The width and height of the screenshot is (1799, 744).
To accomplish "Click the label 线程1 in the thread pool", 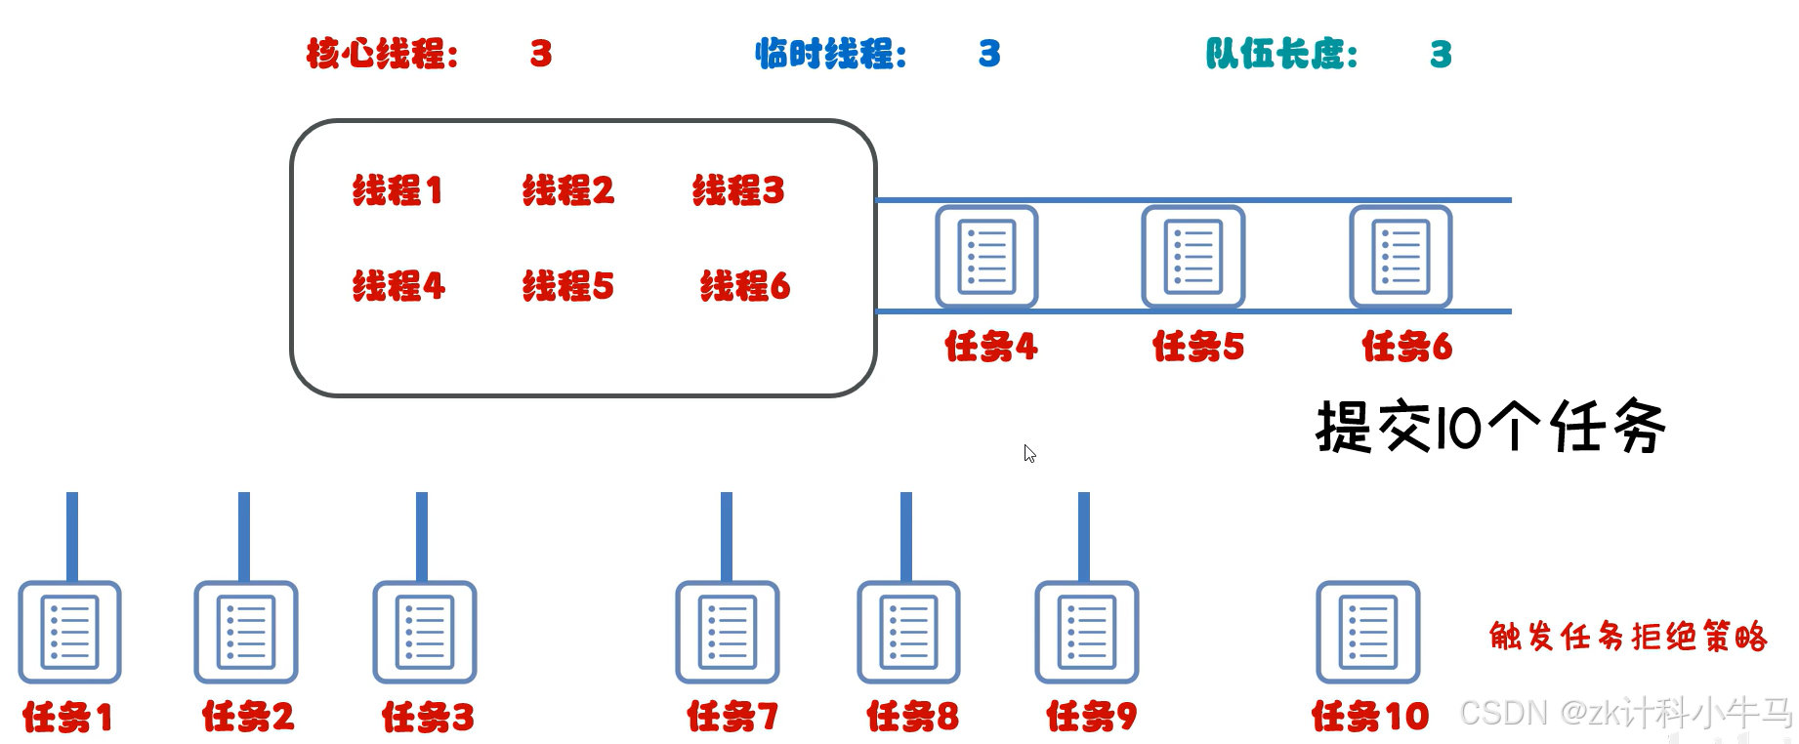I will pos(397,190).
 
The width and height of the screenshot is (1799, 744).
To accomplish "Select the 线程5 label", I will pos(567,286).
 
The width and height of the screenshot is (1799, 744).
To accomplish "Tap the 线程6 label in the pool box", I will pos(744,286).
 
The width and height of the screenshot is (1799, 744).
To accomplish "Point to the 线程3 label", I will pos(738,190).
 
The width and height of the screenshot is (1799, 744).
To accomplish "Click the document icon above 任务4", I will pos(986,257).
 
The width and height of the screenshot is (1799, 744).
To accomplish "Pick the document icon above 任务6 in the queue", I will pos(1401,257).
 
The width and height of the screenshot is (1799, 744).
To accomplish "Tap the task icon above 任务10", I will pos(1367,632).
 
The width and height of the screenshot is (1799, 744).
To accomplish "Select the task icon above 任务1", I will pos(69,632).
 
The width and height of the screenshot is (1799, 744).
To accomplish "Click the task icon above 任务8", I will pos(908,632).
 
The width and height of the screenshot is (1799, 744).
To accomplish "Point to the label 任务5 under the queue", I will pos(1198,347).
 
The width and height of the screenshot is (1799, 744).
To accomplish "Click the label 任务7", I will pos(732,717).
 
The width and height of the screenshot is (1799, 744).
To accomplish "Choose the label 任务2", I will pos(248,717).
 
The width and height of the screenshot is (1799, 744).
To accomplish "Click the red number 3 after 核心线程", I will pos(541,54).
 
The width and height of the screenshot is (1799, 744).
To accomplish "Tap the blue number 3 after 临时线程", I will pos(989,54).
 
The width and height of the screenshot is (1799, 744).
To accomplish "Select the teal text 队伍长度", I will pos(1281,54).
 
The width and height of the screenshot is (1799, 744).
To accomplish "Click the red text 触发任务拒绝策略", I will pos(1628,637).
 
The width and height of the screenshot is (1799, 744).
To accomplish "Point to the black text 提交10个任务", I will pos(1490,427).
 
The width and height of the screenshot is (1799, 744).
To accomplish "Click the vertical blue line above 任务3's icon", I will pos(422,536).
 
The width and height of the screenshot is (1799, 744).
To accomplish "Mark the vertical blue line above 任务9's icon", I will pos(1084,536).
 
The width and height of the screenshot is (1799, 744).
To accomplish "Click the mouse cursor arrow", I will pos(1029,453).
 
